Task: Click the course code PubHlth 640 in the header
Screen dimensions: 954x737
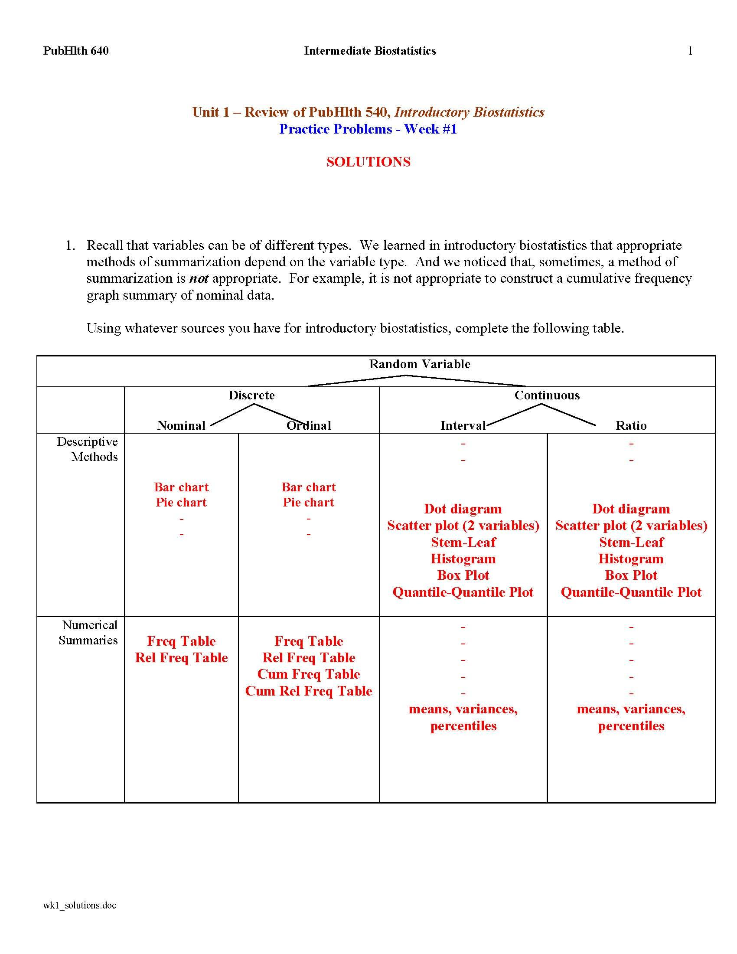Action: coord(75,51)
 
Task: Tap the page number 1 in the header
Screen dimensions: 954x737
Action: coord(690,51)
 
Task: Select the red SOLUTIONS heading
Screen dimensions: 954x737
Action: coord(368,162)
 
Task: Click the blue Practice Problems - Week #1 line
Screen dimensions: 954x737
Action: coord(368,129)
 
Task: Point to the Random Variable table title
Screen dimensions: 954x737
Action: coord(419,364)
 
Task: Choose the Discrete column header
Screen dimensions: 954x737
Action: coord(251,395)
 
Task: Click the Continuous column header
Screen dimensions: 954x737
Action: coord(547,395)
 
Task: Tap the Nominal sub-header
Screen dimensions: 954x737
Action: coord(181,425)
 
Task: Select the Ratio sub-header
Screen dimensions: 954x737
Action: coord(630,425)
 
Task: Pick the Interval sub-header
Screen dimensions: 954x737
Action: coord(463,425)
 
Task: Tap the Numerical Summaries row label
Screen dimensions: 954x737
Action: coord(88,633)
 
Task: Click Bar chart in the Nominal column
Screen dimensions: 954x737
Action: coord(181,487)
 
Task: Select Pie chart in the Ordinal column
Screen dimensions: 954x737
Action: coord(308,502)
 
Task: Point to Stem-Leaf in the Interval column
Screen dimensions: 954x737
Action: coord(463,542)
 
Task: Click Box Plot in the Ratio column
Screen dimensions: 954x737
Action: coord(631,575)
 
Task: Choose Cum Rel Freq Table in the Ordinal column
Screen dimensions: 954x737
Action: coord(308,691)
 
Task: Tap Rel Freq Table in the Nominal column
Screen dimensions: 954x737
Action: coord(181,658)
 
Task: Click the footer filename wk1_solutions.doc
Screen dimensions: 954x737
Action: coord(79,905)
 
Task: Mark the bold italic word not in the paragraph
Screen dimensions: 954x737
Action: coord(199,279)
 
